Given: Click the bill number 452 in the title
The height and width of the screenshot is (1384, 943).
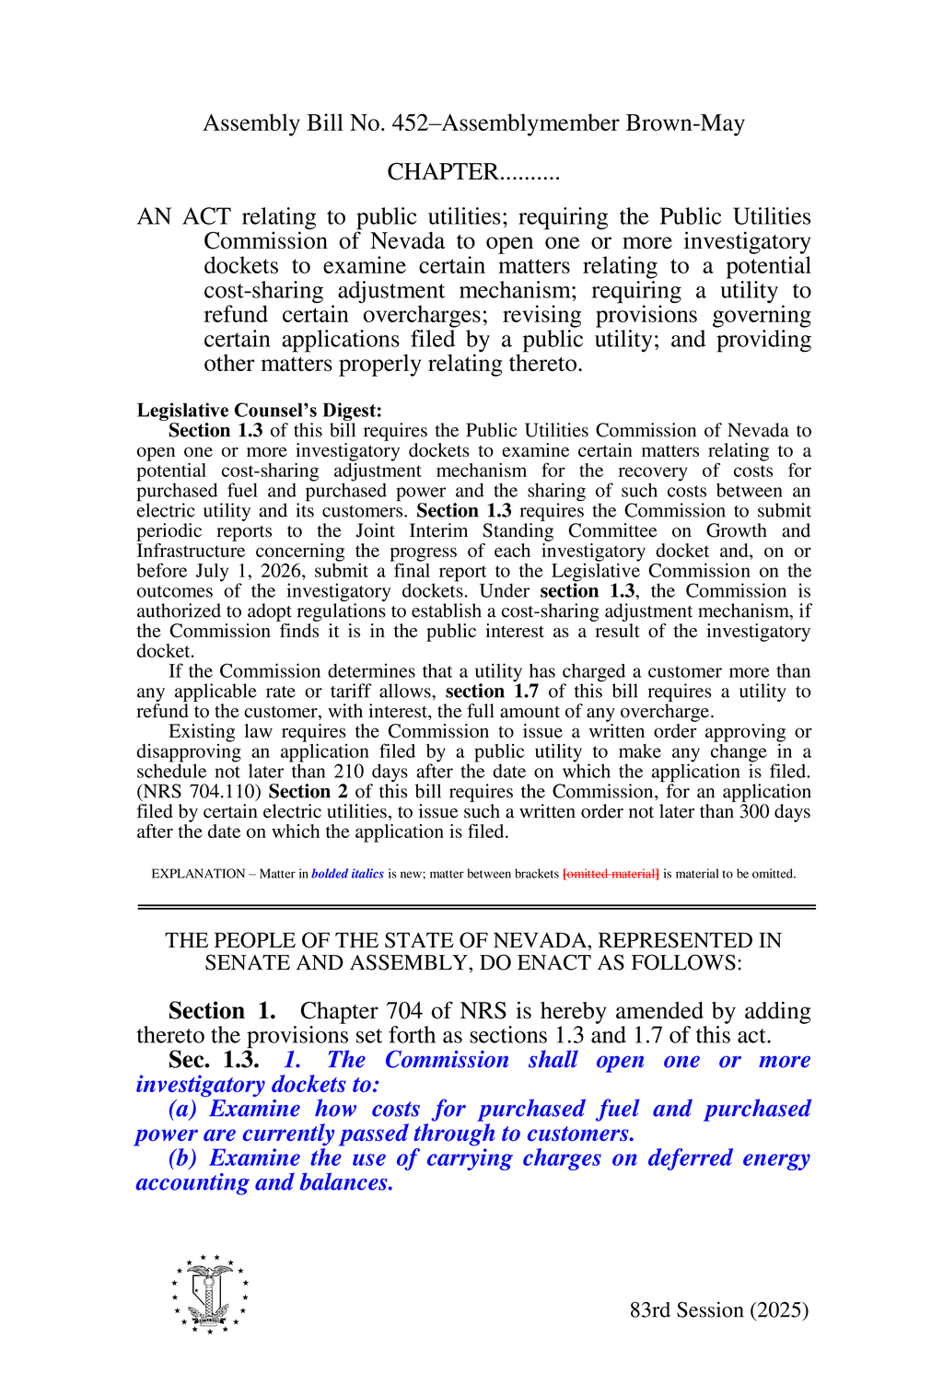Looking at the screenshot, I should pos(410,123).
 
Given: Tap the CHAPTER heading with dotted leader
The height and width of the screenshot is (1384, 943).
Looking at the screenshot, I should pos(472,172).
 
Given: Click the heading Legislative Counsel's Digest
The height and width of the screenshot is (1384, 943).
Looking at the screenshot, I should pos(259,411).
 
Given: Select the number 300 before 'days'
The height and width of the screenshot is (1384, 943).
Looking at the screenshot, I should pos(754,811).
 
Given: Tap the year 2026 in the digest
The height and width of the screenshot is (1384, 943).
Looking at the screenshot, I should pos(278,571).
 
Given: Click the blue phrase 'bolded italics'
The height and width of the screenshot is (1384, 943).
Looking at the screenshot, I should pos(347,874).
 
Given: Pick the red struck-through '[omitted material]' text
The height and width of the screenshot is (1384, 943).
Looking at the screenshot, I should pos(611,874).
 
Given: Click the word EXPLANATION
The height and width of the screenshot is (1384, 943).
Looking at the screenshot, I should pos(198,874).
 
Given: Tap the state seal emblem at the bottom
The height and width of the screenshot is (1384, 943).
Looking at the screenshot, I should pos(210,1294).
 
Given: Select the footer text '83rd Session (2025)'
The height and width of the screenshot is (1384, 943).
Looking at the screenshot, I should pos(719,1310).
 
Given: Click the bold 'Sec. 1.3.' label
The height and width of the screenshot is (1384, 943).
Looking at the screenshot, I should pos(214,1060).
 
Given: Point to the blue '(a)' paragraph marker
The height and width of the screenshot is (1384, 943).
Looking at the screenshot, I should pos(183,1110).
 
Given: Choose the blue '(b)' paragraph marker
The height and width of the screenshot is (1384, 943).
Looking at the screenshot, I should pos(183,1158).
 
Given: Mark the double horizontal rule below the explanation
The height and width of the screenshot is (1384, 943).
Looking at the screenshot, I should pos(476,908).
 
